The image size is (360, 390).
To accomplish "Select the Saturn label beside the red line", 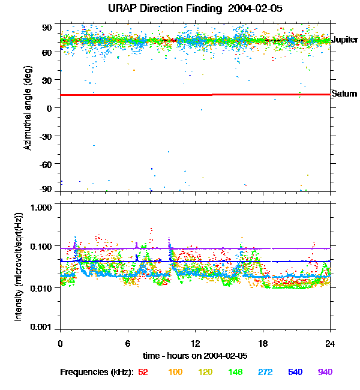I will [344, 94].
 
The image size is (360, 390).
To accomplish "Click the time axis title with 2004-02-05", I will [195, 355].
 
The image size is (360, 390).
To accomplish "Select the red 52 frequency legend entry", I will [143, 373].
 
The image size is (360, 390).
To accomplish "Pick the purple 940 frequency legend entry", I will [325, 373].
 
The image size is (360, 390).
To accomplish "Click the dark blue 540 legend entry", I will [295, 373].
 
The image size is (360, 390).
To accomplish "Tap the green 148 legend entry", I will [236, 373].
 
